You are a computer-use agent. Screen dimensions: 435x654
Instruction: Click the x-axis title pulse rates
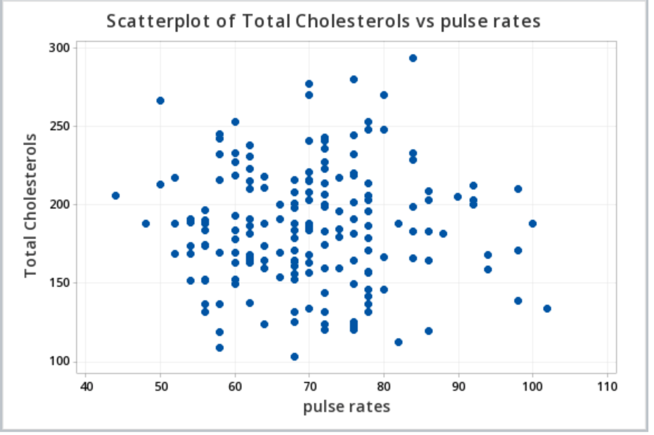click(x=346, y=406)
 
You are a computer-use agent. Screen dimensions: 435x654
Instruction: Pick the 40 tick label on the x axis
click(x=86, y=386)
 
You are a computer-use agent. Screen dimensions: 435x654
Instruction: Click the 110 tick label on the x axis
click(x=607, y=386)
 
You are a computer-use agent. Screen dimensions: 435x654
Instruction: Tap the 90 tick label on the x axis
click(x=458, y=386)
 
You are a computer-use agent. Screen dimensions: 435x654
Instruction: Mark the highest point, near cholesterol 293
click(x=413, y=58)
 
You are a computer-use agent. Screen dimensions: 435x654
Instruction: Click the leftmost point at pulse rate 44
click(x=116, y=196)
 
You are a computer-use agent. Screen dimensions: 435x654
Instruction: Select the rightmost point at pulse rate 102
click(x=547, y=309)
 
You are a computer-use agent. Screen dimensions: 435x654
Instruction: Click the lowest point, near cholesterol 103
click(x=295, y=357)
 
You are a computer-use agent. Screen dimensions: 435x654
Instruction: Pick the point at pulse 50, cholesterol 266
click(x=160, y=101)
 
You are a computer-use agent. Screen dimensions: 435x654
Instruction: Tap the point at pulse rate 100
click(x=533, y=224)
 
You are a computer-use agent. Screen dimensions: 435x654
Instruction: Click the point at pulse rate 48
click(x=146, y=224)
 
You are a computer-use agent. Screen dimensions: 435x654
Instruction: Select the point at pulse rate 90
click(x=458, y=197)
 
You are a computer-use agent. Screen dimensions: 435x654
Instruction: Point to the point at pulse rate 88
click(x=443, y=234)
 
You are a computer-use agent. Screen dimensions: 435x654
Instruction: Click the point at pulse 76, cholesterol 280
click(x=354, y=79)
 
